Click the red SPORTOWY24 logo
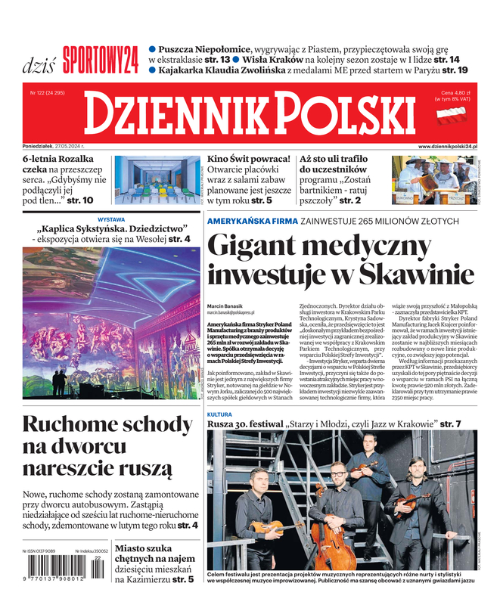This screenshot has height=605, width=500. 101,57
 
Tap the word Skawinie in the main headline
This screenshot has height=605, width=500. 402,275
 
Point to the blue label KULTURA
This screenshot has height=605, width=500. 219,415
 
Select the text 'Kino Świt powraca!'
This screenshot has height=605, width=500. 249,160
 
